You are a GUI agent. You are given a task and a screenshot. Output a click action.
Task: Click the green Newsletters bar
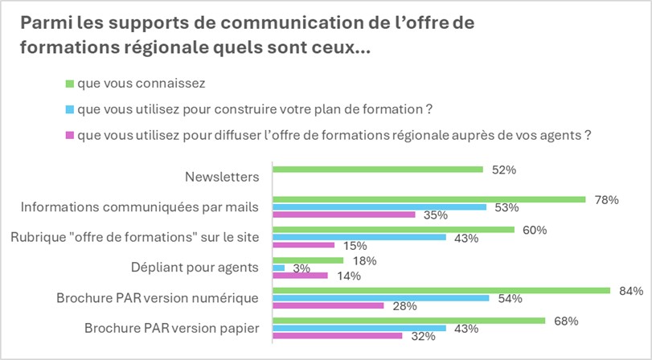(x=378, y=170)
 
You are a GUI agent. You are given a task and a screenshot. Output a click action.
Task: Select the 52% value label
(x=502, y=170)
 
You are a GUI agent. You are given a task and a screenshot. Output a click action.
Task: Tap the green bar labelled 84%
(x=441, y=290)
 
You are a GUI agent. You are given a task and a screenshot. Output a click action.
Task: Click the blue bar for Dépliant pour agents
(x=279, y=268)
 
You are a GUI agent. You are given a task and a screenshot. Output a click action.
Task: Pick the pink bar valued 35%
(x=344, y=215)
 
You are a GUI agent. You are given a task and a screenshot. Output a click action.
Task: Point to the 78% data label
(x=606, y=200)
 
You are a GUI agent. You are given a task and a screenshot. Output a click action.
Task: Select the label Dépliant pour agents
(x=195, y=268)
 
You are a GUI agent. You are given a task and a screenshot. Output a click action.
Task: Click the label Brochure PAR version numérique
(x=158, y=298)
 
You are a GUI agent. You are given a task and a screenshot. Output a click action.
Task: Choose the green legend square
(x=69, y=83)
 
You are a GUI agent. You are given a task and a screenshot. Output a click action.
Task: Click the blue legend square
(x=69, y=108)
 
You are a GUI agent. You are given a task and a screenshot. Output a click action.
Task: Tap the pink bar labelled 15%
(x=304, y=245)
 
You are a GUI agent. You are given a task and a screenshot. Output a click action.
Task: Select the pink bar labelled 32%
(x=338, y=336)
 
